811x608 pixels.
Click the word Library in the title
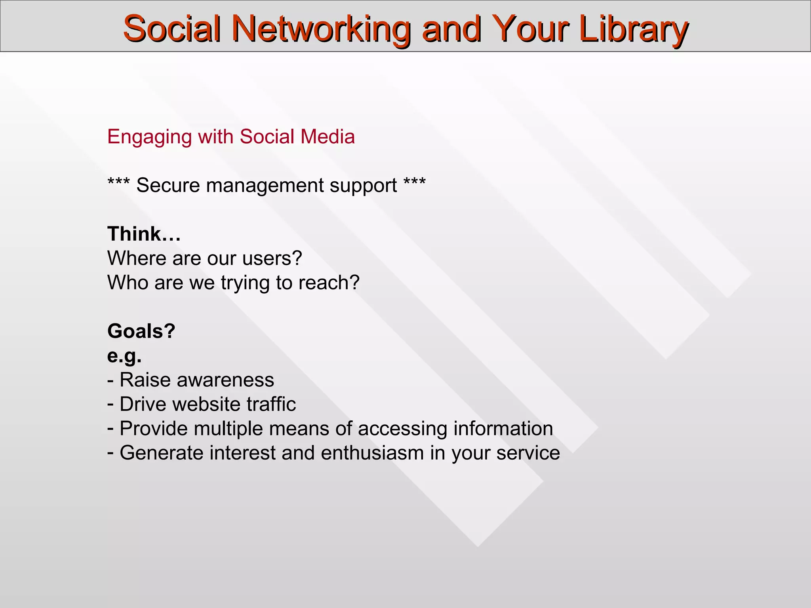[x=633, y=29]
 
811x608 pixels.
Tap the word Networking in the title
[x=321, y=29]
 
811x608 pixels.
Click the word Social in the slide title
[x=171, y=29]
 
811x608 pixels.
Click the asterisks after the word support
[x=415, y=183]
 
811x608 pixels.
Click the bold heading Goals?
[x=141, y=331]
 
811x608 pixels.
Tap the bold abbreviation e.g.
[x=124, y=356]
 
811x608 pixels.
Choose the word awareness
[x=225, y=380]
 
